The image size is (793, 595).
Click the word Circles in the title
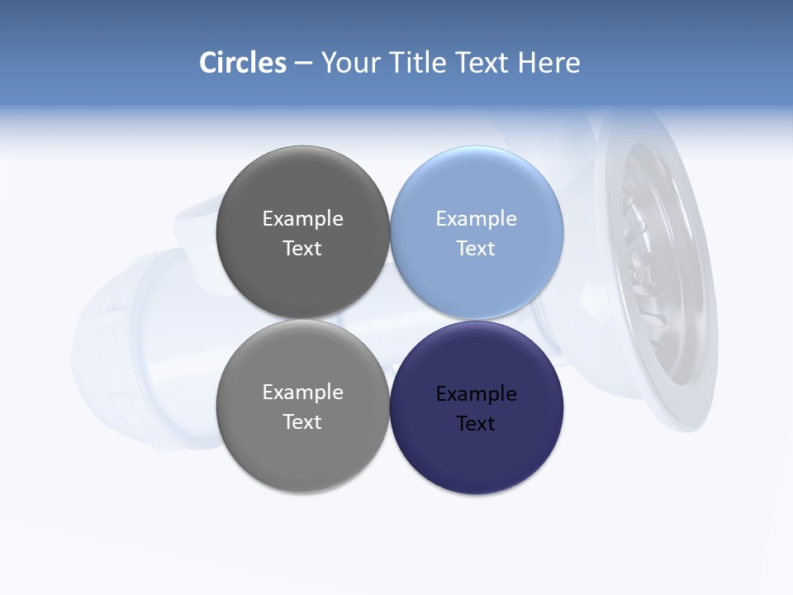pyautogui.click(x=242, y=63)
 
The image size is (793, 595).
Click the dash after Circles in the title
pyautogui.click(x=303, y=64)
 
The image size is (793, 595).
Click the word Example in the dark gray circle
pyautogui.click(x=302, y=218)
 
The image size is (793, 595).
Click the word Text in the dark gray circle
pyautogui.click(x=302, y=248)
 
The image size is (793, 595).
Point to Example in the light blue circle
pyautogui.click(x=477, y=218)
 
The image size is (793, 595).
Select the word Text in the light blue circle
pyautogui.click(x=477, y=248)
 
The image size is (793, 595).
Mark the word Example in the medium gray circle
pyautogui.click(x=302, y=392)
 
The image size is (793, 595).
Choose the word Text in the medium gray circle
pyautogui.click(x=302, y=421)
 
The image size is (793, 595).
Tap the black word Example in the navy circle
pyautogui.click(x=477, y=393)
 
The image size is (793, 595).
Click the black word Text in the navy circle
pyautogui.click(x=477, y=423)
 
